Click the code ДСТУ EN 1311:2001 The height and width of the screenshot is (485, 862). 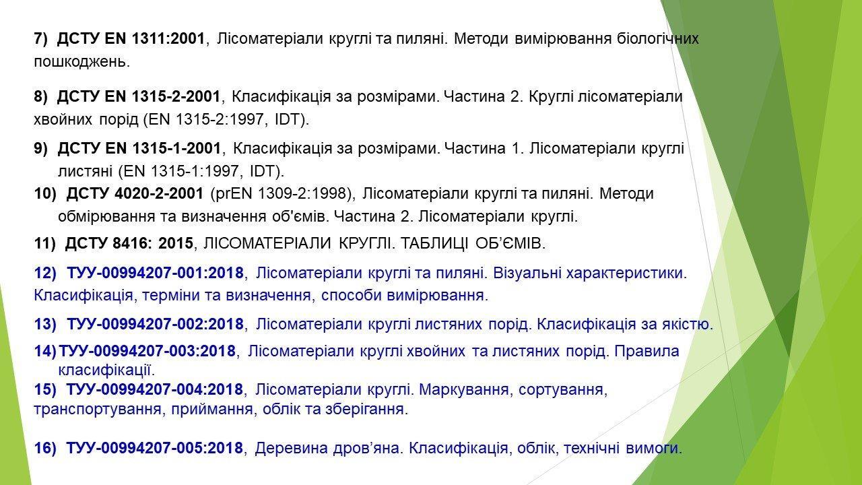[131, 39]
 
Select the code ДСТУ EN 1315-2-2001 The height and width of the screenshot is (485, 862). [139, 96]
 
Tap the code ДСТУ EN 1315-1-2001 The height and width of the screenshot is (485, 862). [139, 148]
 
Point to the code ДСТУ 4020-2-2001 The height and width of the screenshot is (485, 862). [135, 193]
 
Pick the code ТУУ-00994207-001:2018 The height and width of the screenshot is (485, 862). [156, 273]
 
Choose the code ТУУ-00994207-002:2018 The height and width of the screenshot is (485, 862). [156, 324]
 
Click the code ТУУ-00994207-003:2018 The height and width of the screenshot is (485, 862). [147, 351]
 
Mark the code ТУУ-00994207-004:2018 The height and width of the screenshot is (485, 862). [155, 389]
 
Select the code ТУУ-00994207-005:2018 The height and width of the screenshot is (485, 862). [155, 448]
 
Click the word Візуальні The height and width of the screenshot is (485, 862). [527, 273]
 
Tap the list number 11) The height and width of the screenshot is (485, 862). [45, 244]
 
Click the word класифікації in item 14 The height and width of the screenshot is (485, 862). [106, 370]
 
